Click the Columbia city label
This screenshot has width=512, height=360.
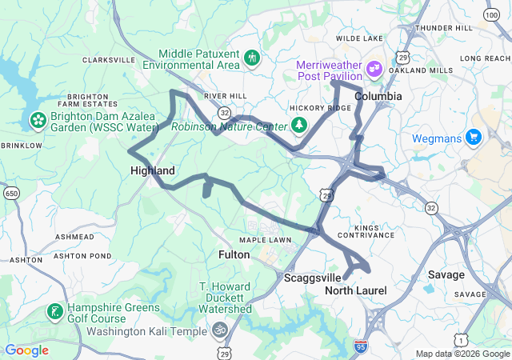tap(378, 96)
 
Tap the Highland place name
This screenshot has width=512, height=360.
tap(152, 170)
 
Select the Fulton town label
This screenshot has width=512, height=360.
tap(234, 254)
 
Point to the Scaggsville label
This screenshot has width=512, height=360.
tap(313, 278)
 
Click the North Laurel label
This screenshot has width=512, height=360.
tap(355, 290)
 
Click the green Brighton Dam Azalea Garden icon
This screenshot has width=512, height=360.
tap(37, 120)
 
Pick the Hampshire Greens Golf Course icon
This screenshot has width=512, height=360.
tap(54, 312)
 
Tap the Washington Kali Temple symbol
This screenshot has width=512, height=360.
tap(219, 330)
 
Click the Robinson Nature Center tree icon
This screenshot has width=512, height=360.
tap(299, 125)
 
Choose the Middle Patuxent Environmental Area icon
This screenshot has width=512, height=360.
tap(253, 58)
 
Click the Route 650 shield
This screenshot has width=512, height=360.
tap(11, 194)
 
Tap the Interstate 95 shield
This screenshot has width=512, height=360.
tap(361, 346)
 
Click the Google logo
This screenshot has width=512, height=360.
tap(26, 350)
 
